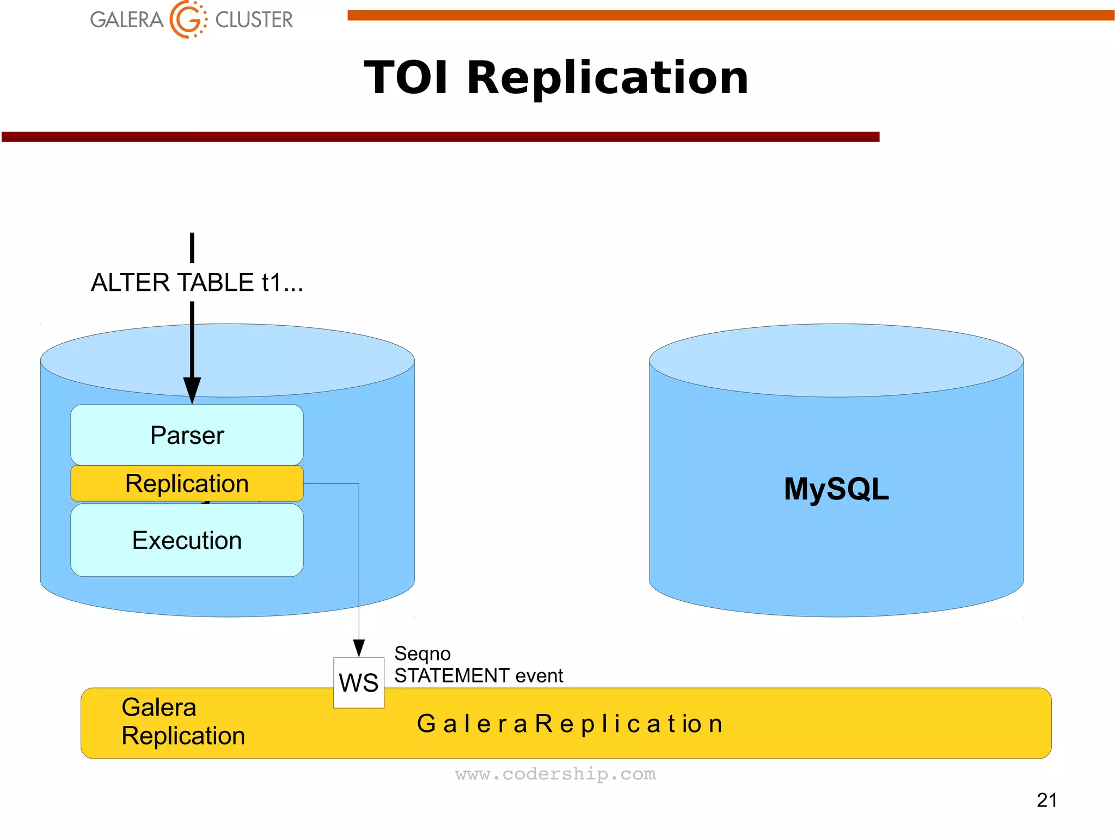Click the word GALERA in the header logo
[126, 20]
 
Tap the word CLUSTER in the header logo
[254, 20]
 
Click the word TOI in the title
[406, 78]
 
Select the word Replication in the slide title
[608, 78]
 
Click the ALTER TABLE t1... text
[197, 283]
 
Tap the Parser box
[187, 435]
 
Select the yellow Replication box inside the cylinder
[187, 483]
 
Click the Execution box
[187, 540]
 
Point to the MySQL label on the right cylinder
[836, 489]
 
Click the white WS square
[358, 682]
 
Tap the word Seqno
[422, 653]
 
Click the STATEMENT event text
[478, 675]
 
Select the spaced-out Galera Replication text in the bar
[569, 724]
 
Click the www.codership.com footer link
[555, 774]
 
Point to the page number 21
[1046, 800]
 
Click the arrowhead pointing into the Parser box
[192, 390]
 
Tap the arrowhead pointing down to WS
[358, 648]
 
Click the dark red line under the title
[440, 137]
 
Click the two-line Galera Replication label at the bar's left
[182, 722]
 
